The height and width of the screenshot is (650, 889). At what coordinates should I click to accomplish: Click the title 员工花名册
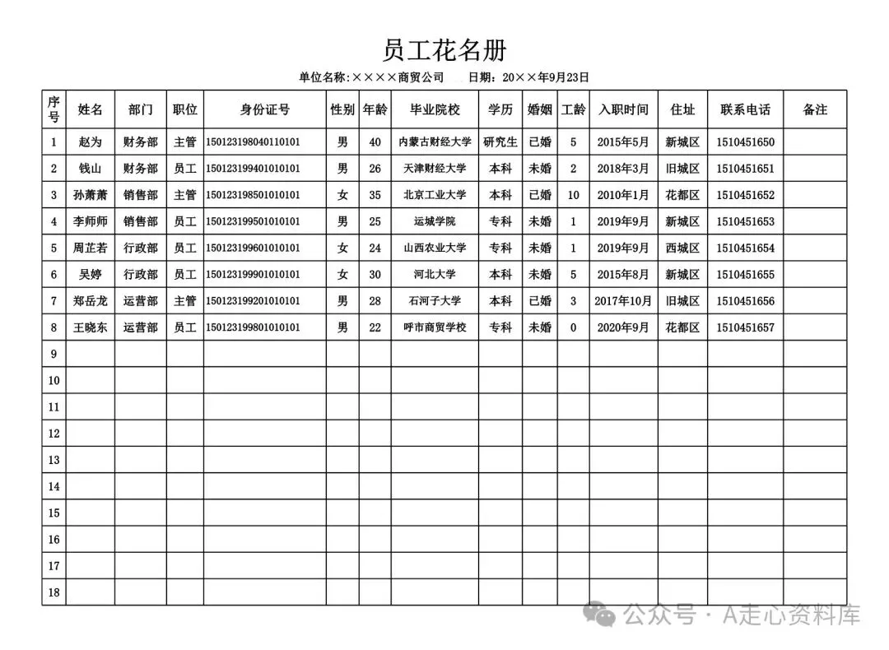[444, 50]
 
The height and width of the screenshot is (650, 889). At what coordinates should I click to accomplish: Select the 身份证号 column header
[264, 109]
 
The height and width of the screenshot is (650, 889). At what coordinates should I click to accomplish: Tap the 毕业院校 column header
[435, 109]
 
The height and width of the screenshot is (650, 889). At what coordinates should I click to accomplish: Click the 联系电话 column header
[745, 109]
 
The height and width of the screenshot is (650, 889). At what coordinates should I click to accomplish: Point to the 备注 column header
[814, 109]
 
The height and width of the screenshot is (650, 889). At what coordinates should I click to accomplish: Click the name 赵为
[91, 142]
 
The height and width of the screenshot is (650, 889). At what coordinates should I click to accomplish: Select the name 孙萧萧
[91, 195]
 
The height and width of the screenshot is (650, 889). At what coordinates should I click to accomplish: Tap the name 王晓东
[91, 327]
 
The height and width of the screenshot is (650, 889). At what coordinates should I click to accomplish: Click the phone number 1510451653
[745, 222]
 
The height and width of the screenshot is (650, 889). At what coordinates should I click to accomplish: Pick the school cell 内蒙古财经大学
[435, 142]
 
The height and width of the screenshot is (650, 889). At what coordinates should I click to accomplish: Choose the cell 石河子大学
[435, 301]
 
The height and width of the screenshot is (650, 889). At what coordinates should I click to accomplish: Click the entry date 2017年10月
[623, 301]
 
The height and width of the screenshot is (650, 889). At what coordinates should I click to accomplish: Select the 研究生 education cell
[500, 142]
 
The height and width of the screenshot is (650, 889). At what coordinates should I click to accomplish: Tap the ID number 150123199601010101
[253, 248]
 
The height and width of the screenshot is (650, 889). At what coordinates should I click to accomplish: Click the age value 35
[375, 195]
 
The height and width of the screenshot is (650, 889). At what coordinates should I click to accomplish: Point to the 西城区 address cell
[682, 248]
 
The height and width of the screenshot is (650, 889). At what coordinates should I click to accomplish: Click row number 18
[54, 592]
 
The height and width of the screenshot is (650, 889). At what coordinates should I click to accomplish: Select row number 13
[54, 460]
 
